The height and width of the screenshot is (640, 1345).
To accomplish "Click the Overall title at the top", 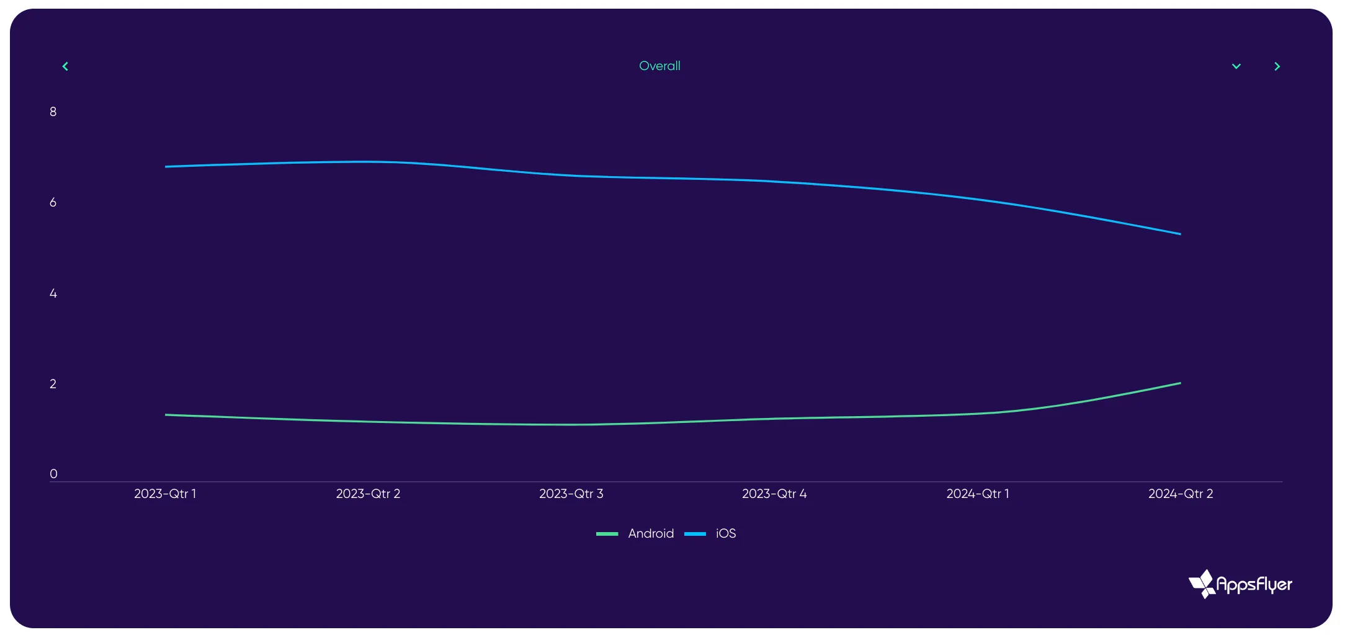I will (659, 66).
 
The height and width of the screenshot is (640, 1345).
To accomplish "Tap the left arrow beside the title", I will (65, 66).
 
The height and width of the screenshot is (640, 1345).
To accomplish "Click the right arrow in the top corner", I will (1277, 66).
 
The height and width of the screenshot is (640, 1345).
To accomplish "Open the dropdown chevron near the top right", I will (1236, 66).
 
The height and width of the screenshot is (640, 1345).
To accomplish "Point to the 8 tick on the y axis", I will (53, 112).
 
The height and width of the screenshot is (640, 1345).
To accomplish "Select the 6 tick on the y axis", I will (53, 202).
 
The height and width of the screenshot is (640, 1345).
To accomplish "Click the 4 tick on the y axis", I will (53, 293).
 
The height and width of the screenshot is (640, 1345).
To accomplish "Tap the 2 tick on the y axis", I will (53, 384).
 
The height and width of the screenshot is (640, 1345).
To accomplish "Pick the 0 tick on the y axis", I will (53, 474).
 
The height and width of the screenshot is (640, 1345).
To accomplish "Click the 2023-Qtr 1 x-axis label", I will (165, 494).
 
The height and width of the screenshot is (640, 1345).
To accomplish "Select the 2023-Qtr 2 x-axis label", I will (368, 494).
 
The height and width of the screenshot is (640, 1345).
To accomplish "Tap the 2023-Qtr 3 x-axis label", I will (571, 494).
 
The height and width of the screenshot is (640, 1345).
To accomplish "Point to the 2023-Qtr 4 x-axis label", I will (774, 494).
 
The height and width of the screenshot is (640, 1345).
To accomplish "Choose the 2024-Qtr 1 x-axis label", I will (978, 494).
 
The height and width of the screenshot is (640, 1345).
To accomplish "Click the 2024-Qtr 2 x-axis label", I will (1181, 494).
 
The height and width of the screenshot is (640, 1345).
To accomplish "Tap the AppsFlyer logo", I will (1240, 584).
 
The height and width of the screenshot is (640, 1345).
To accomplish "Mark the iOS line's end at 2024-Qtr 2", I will (1180, 234).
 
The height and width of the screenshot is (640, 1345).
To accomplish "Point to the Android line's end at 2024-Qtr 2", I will (1180, 383).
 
